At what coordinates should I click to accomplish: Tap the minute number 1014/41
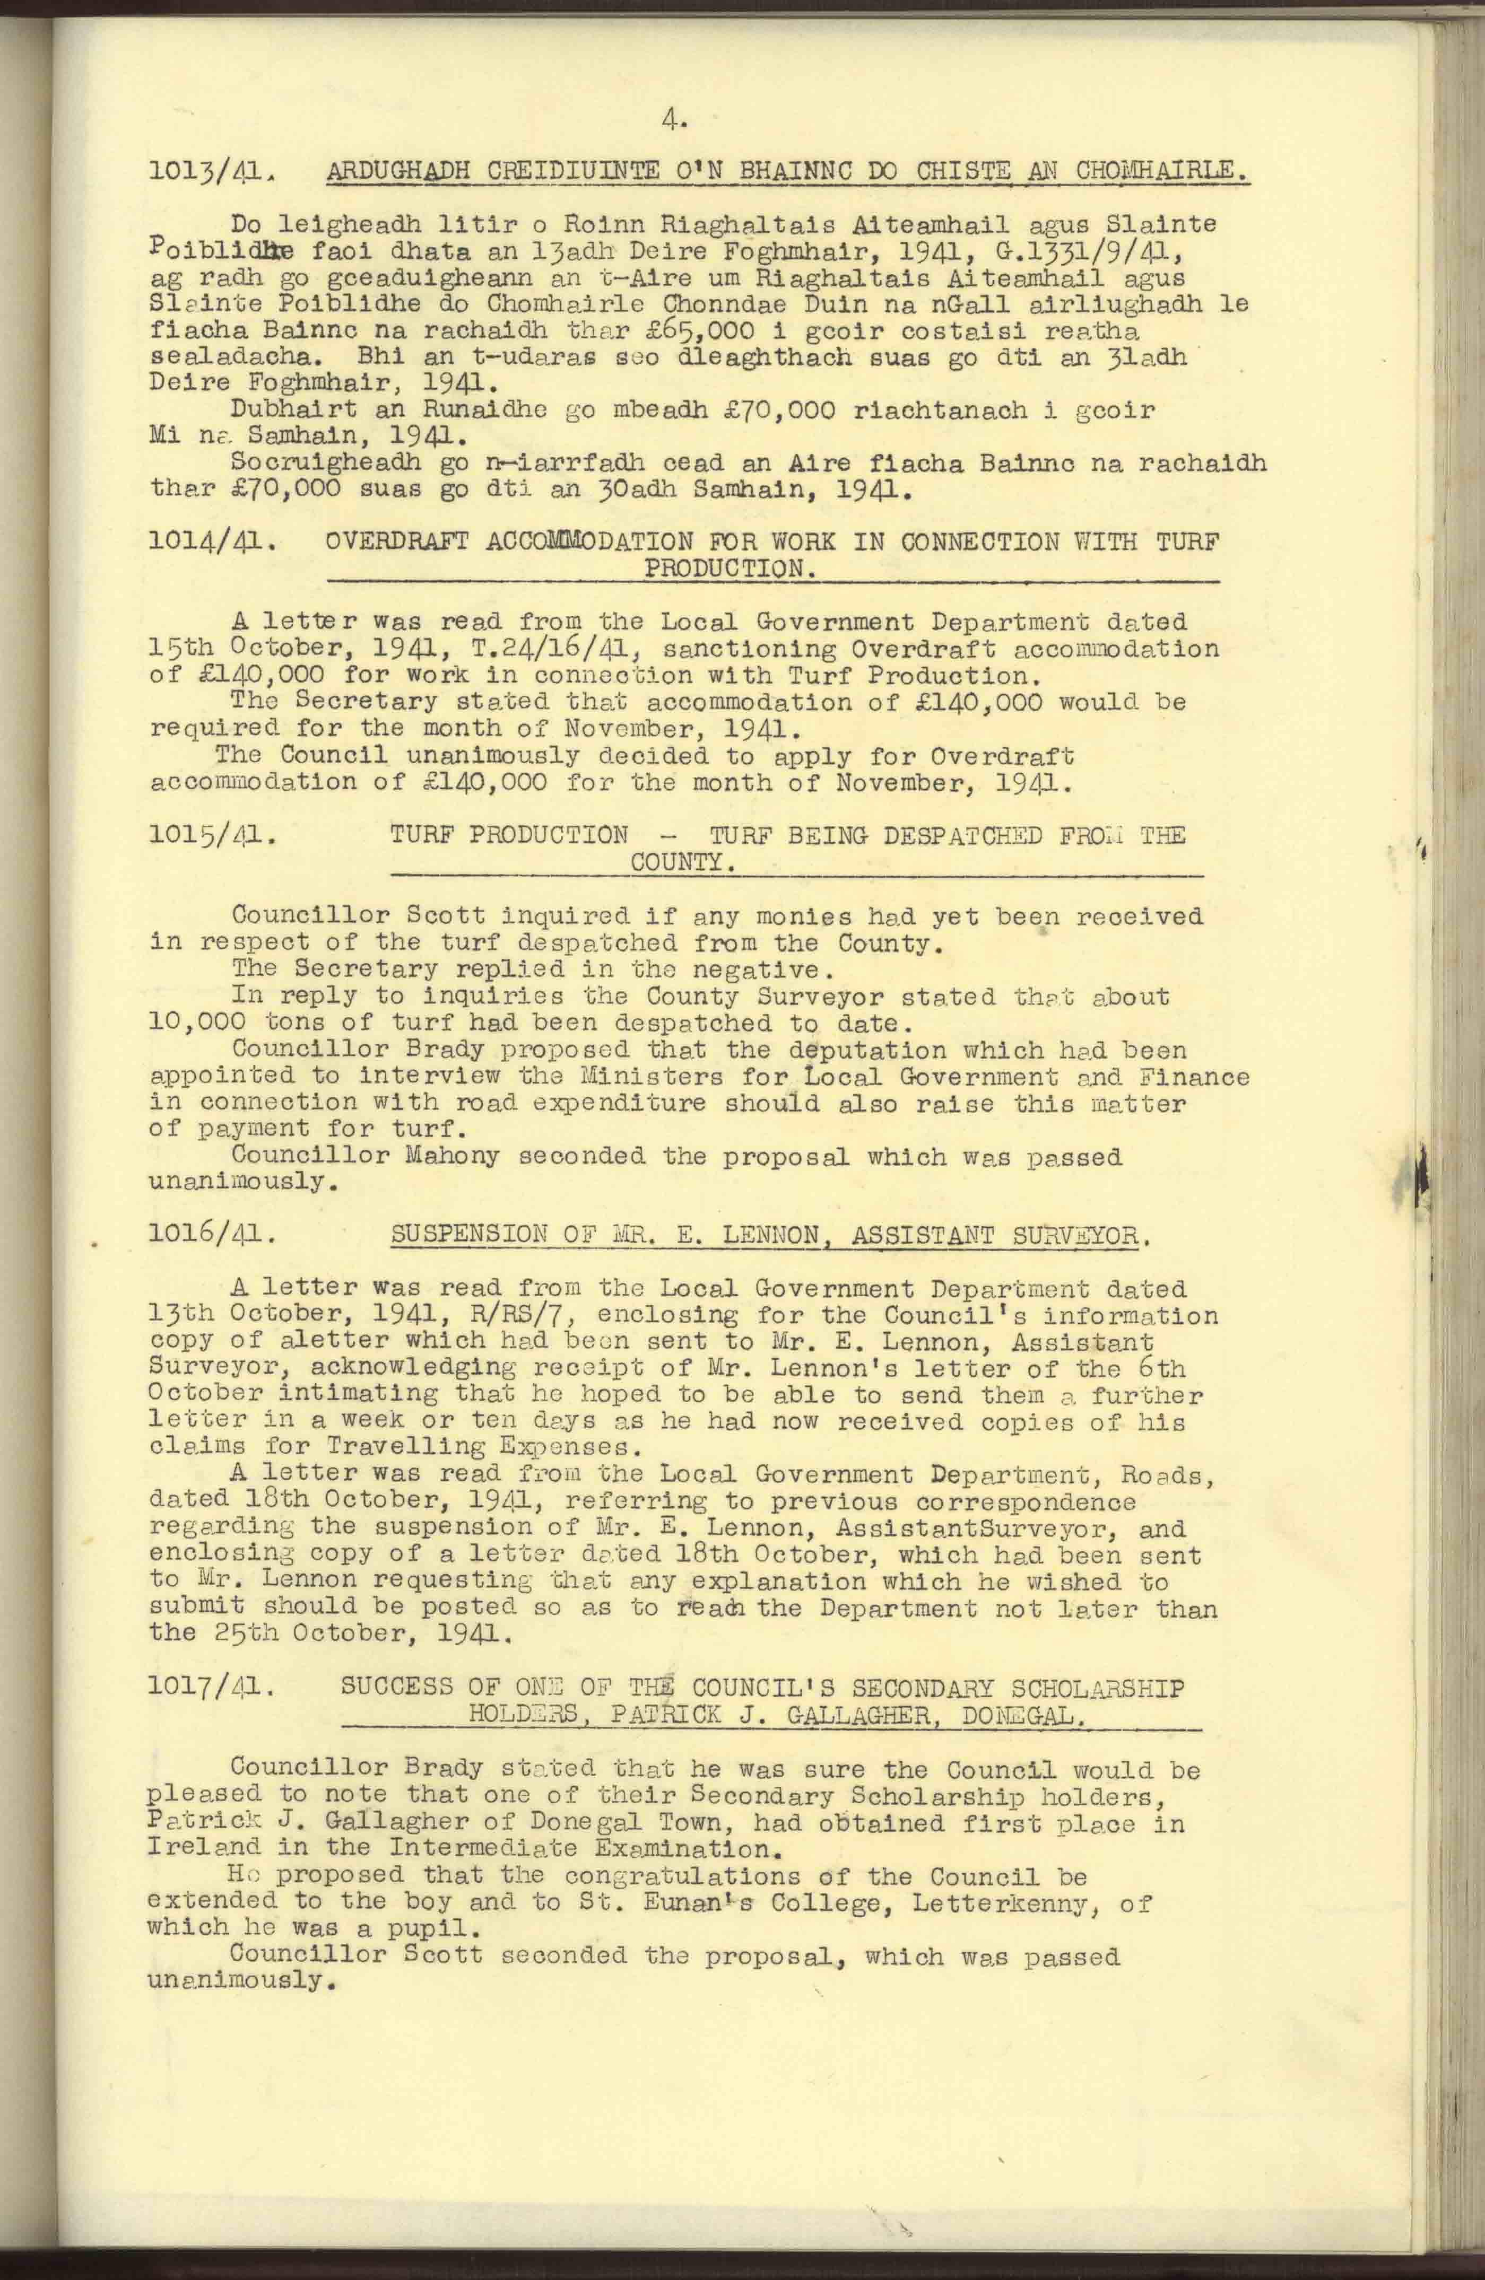[x=213, y=543]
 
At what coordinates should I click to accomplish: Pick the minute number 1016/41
[x=213, y=1235]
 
